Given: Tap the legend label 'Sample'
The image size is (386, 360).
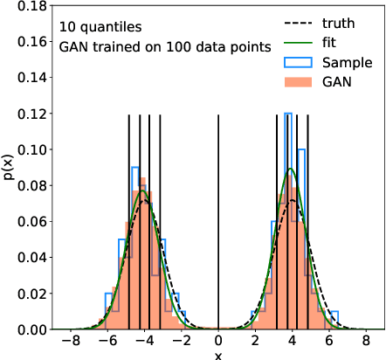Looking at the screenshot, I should pos(347,63).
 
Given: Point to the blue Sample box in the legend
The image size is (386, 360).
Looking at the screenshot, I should pos(299,63).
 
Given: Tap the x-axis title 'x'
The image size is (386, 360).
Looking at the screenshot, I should pos(218,355).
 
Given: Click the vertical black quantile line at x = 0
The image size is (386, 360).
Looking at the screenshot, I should pos(218,218).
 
